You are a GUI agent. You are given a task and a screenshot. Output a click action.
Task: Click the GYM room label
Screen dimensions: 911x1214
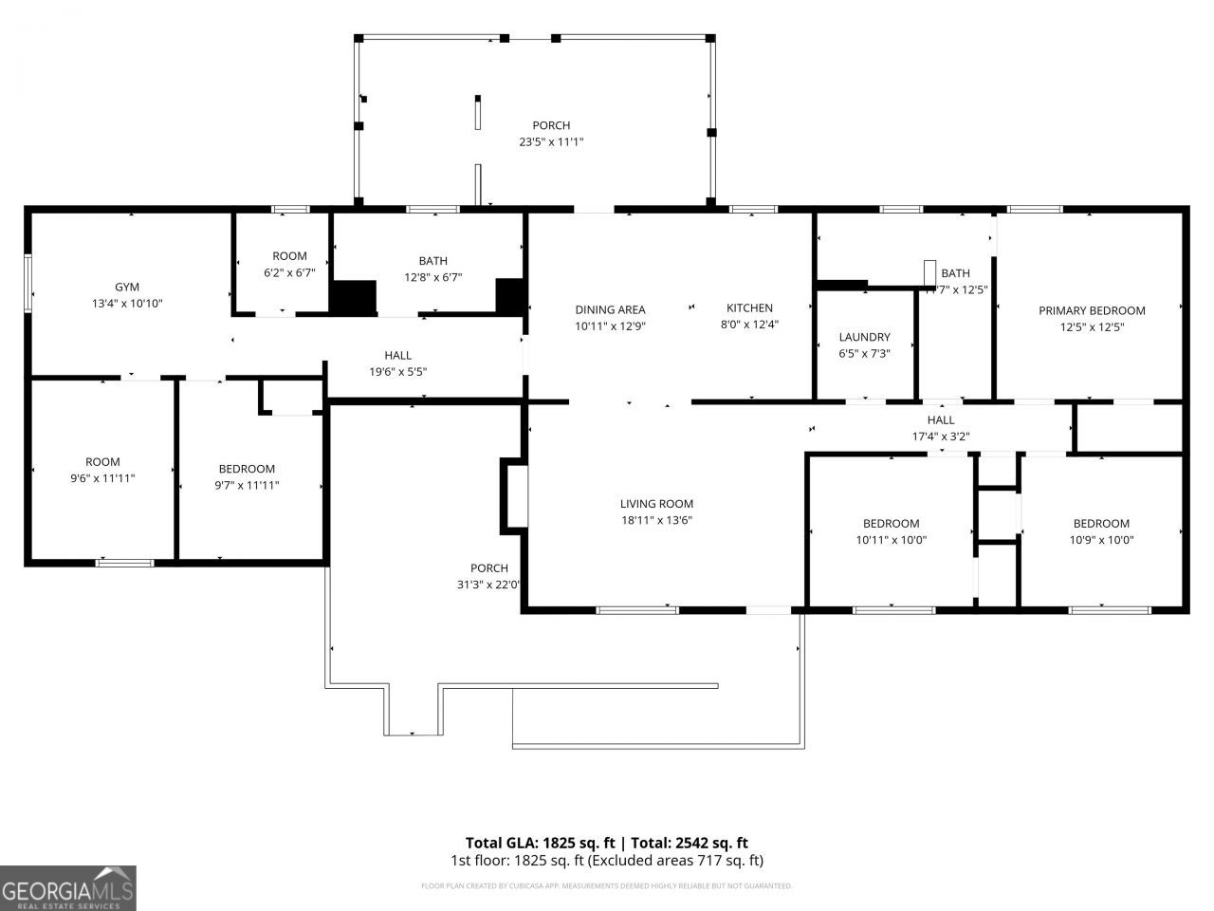127,287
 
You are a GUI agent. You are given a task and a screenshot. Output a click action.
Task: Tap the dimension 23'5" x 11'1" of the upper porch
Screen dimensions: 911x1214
551,142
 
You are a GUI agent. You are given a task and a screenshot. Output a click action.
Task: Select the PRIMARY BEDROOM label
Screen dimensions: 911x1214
1092,310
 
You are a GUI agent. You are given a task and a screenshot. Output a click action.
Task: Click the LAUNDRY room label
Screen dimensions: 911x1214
864,337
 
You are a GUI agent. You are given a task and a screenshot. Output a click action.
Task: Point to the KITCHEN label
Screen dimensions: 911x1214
749,308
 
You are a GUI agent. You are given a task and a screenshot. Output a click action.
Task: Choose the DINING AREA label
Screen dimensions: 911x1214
610,309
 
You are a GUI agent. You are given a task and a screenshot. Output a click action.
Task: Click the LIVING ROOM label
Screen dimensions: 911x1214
656,504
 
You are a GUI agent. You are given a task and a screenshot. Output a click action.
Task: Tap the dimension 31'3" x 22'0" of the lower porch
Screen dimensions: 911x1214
489,585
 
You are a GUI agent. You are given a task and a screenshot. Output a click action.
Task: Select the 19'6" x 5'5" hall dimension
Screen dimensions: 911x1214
397,372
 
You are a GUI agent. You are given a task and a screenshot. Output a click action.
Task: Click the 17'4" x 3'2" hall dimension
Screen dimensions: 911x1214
940,437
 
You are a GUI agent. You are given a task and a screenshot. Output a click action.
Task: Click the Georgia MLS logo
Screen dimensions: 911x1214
67,888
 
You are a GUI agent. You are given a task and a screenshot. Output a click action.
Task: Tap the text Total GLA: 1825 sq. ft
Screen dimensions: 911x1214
541,843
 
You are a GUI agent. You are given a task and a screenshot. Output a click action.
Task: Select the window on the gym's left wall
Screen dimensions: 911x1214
28,283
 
